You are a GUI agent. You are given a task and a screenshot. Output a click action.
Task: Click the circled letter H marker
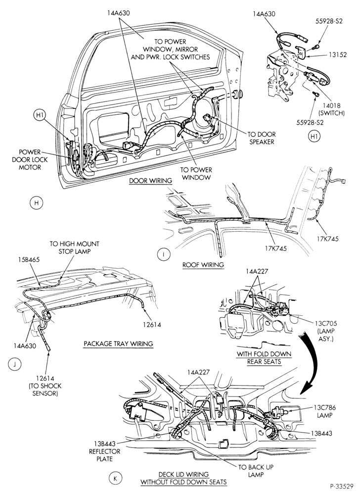36,202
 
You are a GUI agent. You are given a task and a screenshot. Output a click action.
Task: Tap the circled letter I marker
164,255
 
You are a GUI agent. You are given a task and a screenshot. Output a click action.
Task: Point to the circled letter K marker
115,479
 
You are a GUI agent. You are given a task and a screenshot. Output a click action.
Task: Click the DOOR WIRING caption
151,181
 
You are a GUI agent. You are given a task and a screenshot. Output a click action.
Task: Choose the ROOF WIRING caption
203,265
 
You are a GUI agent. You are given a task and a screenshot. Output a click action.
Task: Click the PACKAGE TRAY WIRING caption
118,344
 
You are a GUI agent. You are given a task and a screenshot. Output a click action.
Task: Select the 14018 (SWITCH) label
331,109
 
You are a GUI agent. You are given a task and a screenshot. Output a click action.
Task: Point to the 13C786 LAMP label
325,411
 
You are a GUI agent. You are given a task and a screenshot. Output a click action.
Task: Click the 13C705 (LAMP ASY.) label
326,331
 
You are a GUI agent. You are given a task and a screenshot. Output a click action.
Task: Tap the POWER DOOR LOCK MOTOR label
30,160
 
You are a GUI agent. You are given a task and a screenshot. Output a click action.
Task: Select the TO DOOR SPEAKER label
262,138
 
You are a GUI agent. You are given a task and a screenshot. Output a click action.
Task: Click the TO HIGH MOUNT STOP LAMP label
74,247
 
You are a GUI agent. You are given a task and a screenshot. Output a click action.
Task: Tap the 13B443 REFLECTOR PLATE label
104,451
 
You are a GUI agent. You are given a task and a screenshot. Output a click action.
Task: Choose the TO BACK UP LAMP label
256,471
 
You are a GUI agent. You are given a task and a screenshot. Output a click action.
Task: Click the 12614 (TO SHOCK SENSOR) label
45,386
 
